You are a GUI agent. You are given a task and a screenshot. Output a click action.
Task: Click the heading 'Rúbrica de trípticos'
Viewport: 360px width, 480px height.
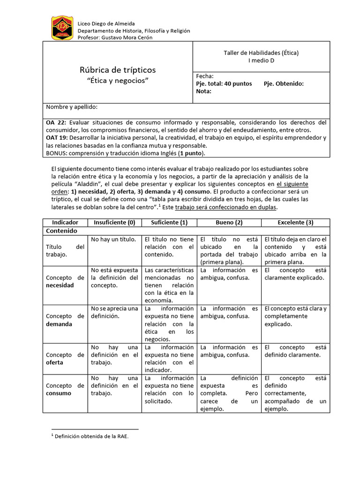[x=118, y=70]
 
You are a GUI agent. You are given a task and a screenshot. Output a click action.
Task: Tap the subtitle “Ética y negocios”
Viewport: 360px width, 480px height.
[x=118, y=81]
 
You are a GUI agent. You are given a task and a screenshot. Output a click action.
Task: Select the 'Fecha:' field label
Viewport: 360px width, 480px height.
[x=205, y=76]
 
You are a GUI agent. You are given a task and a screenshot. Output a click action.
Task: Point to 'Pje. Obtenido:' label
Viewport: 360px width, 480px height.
[x=284, y=83]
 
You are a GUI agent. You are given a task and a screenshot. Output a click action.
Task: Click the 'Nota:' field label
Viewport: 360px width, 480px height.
[x=203, y=91]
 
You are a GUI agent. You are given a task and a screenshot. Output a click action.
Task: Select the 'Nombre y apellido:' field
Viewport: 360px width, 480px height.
[x=72, y=107]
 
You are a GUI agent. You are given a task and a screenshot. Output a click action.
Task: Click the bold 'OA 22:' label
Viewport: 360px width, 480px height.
[x=56, y=122]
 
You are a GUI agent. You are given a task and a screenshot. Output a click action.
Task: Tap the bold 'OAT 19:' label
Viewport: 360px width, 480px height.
[x=57, y=137]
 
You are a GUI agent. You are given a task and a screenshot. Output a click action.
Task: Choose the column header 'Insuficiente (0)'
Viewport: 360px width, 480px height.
[x=114, y=222]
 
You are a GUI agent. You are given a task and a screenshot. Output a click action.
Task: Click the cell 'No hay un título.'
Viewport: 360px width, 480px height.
[x=113, y=240]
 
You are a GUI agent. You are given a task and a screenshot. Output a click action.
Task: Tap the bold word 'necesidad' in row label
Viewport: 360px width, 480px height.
[x=60, y=285]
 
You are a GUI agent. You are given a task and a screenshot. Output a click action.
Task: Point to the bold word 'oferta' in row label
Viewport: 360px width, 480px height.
[x=55, y=363]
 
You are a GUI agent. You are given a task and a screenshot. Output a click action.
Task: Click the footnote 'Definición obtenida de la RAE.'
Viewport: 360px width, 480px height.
[x=91, y=436]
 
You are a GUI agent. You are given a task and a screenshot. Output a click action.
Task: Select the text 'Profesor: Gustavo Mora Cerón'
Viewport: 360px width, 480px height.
[x=115, y=37]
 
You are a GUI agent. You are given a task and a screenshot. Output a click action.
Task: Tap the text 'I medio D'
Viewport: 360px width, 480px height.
[x=261, y=60]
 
